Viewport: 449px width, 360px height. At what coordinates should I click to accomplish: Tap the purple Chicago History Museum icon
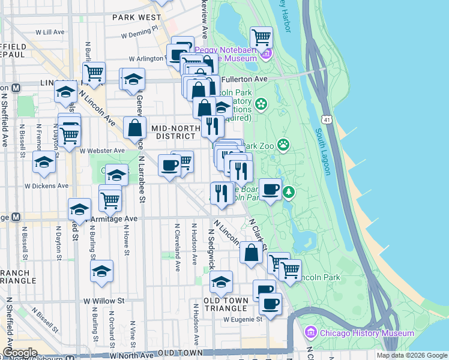310,332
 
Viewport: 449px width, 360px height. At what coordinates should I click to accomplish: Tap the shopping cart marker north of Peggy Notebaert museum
261,37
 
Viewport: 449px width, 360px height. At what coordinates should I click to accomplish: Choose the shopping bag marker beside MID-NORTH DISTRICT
135,127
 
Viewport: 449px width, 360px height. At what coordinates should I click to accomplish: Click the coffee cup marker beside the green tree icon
270,189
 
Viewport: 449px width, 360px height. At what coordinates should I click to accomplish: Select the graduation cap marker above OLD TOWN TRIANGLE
221,281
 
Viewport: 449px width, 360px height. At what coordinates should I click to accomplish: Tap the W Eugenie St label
243,320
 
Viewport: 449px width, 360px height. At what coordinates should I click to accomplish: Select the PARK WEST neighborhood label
136,18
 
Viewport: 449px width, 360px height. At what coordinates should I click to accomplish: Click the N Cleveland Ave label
178,247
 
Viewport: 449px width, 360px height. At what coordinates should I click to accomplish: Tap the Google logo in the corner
20,353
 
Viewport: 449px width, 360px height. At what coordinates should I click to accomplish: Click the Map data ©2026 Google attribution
412,355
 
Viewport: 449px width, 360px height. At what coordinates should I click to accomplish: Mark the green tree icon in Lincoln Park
289,192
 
